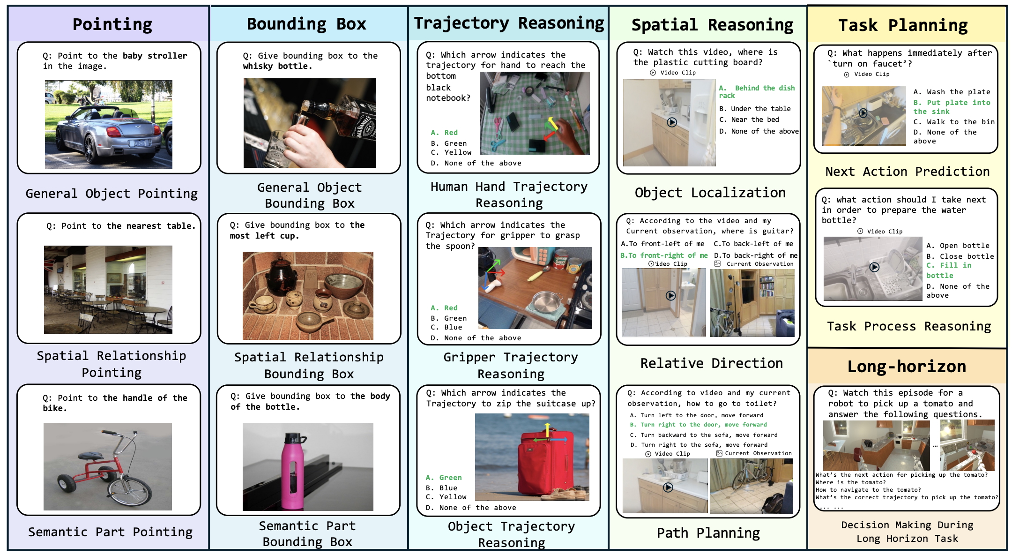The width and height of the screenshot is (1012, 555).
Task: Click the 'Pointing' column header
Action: click(x=112, y=24)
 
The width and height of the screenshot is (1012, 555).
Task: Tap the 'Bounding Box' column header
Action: click(x=306, y=24)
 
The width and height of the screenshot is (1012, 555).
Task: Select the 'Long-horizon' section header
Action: click(x=907, y=367)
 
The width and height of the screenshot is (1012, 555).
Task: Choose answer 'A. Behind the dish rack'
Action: click(x=756, y=91)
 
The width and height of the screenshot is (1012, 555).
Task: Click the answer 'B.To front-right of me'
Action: click(x=663, y=255)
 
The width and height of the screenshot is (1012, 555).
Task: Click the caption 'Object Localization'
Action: click(x=710, y=193)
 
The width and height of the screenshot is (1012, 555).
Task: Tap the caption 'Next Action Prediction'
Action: click(x=907, y=172)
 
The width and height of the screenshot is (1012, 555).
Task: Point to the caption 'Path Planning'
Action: click(x=708, y=533)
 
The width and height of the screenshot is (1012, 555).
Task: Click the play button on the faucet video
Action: click(x=863, y=113)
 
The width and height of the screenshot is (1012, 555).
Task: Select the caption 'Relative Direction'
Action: click(x=711, y=363)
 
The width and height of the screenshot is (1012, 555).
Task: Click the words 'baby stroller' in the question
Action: click(x=155, y=56)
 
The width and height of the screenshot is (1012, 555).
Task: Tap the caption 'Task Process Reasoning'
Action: click(x=908, y=326)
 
